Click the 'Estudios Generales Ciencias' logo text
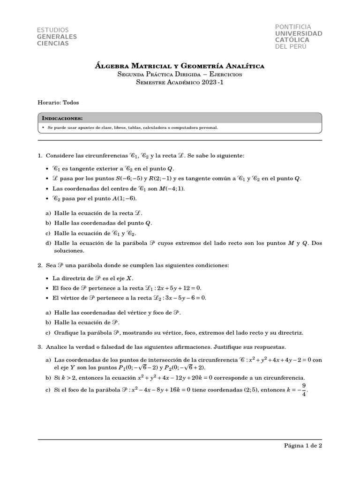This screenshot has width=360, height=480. pyautogui.click(x=57, y=37)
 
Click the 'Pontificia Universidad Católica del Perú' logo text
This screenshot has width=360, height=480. pyautogui.click(x=298, y=37)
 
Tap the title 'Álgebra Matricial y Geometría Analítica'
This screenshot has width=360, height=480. pyautogui.click(x=180, y=66)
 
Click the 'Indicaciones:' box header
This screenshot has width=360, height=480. pyautogui.click(x=62, y=118)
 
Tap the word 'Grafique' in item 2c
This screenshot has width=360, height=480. pyautogui.click(x=65, y=333)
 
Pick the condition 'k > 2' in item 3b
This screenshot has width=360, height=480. pyautogui.click(x=68, y=377)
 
